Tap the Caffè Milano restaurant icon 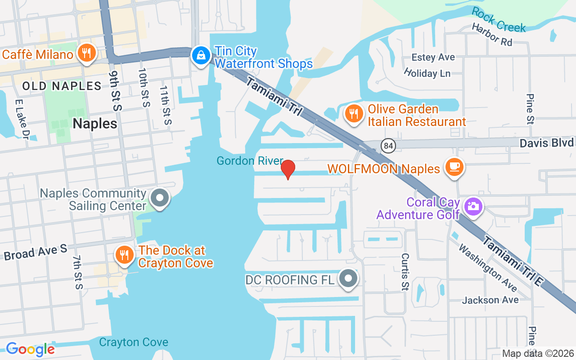[85, 54]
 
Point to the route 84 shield [387, 146]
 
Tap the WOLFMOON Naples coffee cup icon [454, 167]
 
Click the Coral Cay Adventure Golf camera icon [473, 207]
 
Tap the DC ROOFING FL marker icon [348, 279]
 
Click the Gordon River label [250, 161]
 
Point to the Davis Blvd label [547, 143]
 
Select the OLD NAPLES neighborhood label [62, 86]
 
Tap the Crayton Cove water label [134, 342]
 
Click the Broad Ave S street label [35, 252]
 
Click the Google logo [30, 349]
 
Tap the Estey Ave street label [433, 58]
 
